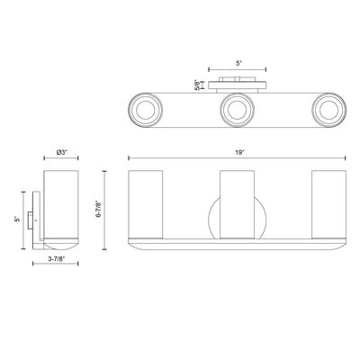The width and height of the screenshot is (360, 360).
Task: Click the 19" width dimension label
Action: click(238, 152)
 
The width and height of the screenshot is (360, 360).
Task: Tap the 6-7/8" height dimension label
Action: click(98, 209)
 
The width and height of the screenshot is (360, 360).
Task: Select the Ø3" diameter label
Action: click(61, 152)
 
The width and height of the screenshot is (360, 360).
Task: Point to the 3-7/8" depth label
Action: click(55, 259)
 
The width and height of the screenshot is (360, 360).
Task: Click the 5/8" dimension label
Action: click(197, 85)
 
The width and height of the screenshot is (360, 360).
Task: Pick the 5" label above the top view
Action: click(238, 63)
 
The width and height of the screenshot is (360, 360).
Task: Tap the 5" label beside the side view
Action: click(18, 220)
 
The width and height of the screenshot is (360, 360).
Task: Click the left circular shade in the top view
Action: click(146, 110)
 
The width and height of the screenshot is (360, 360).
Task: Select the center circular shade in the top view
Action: click(237, 110)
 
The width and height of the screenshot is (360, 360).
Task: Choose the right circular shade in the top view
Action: click(328, 110)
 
